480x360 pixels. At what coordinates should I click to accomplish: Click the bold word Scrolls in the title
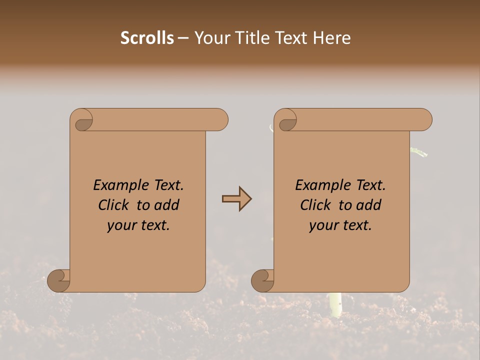147,38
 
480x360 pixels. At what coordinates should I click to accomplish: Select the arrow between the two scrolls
236,199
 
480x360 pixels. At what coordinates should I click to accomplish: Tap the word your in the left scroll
120,225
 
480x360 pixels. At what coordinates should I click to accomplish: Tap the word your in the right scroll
322,225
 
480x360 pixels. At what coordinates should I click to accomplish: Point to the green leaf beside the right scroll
419,151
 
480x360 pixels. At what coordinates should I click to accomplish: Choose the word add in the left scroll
167,205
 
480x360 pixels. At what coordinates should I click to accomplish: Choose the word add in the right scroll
369,205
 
